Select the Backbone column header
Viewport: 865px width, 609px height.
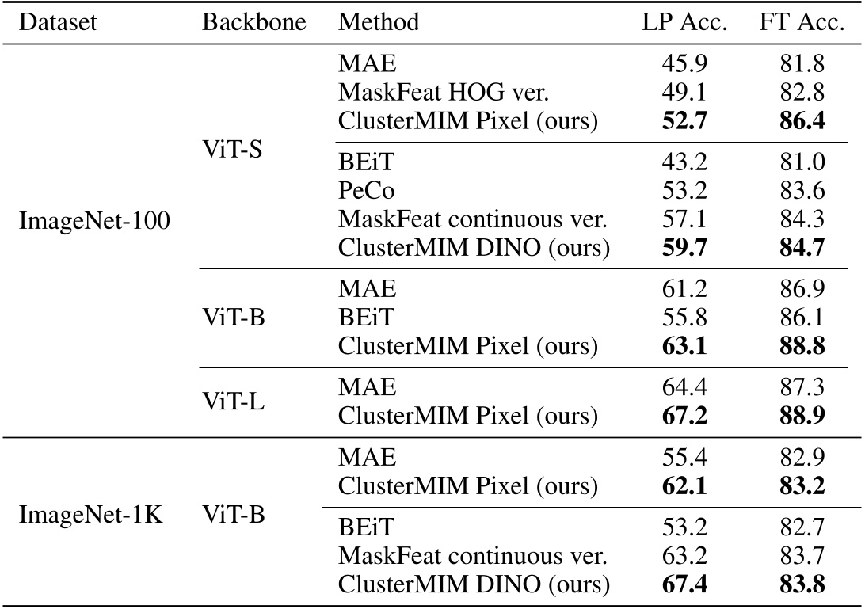pyautogui.click(x=253, y=22)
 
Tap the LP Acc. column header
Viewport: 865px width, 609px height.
pyautogui.click(x=684, y=22)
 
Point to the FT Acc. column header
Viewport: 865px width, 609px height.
pyautogui.click(x=801, y=22)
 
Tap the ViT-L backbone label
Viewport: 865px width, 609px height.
pyautogui.click(x=233, y=401)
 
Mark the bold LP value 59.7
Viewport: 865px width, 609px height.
pyautogui.click(x=684, y=248)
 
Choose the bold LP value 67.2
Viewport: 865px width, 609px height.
pyautogui.click(x=684, y=414)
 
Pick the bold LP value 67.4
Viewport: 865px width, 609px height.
pyautogui.click(x=684, y=584)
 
